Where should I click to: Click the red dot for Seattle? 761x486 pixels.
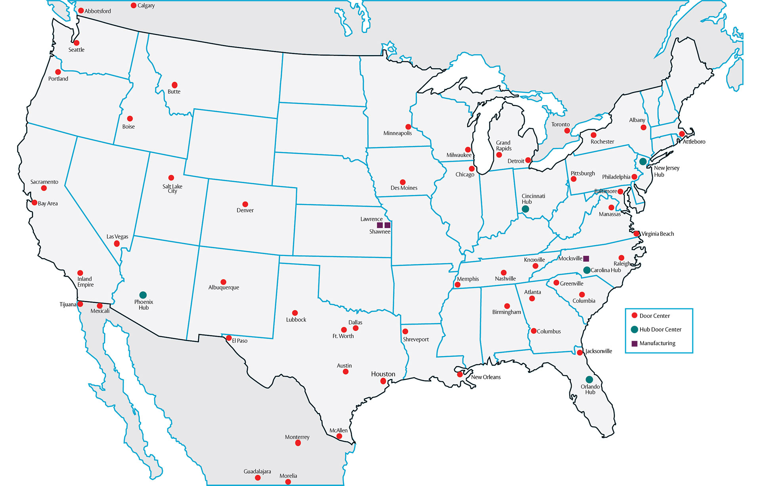(76, 43)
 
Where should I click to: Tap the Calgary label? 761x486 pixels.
(146, 6)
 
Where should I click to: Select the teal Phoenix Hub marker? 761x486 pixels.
(143, 295)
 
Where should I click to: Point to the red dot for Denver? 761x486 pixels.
(245, 204)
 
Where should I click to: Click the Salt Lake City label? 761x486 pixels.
(172, 188)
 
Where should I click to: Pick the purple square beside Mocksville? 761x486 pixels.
(586, 258)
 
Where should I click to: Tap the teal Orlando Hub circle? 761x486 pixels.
(589, 379)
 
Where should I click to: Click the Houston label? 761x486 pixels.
(383, 374)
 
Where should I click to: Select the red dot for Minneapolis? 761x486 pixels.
(408, 127)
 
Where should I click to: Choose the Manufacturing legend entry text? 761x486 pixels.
(657, 343)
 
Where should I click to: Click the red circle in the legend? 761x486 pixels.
(634, 316)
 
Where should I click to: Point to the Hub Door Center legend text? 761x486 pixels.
(660, 329)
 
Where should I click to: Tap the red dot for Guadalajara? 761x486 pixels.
(258, 478)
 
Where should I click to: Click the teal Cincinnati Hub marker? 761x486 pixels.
(526, 209)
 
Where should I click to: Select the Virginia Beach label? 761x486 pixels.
(658, 234)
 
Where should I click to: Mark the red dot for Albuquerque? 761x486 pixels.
(224, 282)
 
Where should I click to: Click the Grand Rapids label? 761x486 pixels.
(504, 145)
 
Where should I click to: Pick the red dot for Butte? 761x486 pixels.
(174, 85)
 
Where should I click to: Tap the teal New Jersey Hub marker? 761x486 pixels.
(643, 161)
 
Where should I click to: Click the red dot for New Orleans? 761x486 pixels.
(460, 374)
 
